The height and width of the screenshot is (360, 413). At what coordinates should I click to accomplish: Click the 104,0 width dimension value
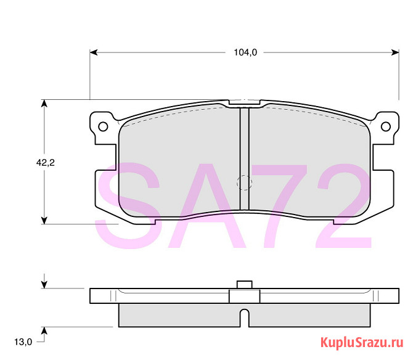click(245, 53)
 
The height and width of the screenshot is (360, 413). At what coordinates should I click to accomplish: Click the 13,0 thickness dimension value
click(22, 342)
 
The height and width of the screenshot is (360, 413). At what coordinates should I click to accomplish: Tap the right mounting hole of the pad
click(386, 126)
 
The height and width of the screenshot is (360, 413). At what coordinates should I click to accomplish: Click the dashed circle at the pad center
click(245, 182)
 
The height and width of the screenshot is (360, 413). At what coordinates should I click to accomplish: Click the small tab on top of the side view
click(245, 284)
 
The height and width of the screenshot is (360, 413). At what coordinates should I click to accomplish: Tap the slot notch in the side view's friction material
click(245, 318)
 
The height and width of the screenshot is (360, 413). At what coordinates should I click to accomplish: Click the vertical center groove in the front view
click(244, 157)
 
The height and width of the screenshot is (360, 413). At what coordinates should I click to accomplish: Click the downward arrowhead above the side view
click(44, 284)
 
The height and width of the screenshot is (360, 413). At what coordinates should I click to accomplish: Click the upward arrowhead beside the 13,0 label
click(44, 329)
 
